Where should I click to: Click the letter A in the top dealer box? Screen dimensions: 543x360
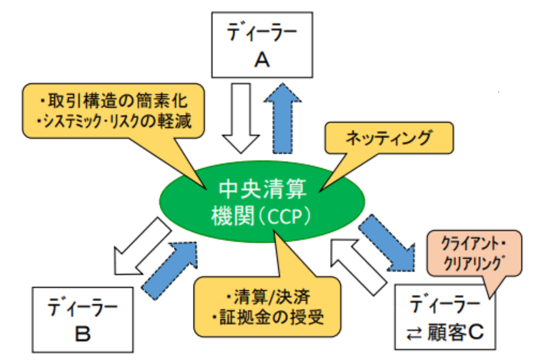[x=261, y=60]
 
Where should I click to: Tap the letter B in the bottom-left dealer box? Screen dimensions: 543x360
[x=83, y=334]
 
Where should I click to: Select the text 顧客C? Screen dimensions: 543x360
[x=455, y=332]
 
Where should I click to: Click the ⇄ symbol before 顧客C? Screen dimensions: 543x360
[x=414, y=334]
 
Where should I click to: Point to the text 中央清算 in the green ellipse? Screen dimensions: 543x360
[x=262, y=189]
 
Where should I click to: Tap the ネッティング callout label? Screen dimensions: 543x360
[x=389, y=138]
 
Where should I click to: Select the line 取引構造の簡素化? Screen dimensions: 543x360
[x=114, y=101]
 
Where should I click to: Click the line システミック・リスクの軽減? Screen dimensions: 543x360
[x=114, y=121]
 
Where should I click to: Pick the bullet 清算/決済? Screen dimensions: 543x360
[x=267, y=297]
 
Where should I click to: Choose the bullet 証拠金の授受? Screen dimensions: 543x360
[x=267, y=317]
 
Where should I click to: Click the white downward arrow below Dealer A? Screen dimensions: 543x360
[x=241, y=119]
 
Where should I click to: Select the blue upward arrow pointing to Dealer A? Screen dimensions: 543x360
[x=283, y=119]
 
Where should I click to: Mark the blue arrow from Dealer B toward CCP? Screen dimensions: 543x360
[x=170, y=270]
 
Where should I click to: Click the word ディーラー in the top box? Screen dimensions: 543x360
[x=261, y=33]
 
